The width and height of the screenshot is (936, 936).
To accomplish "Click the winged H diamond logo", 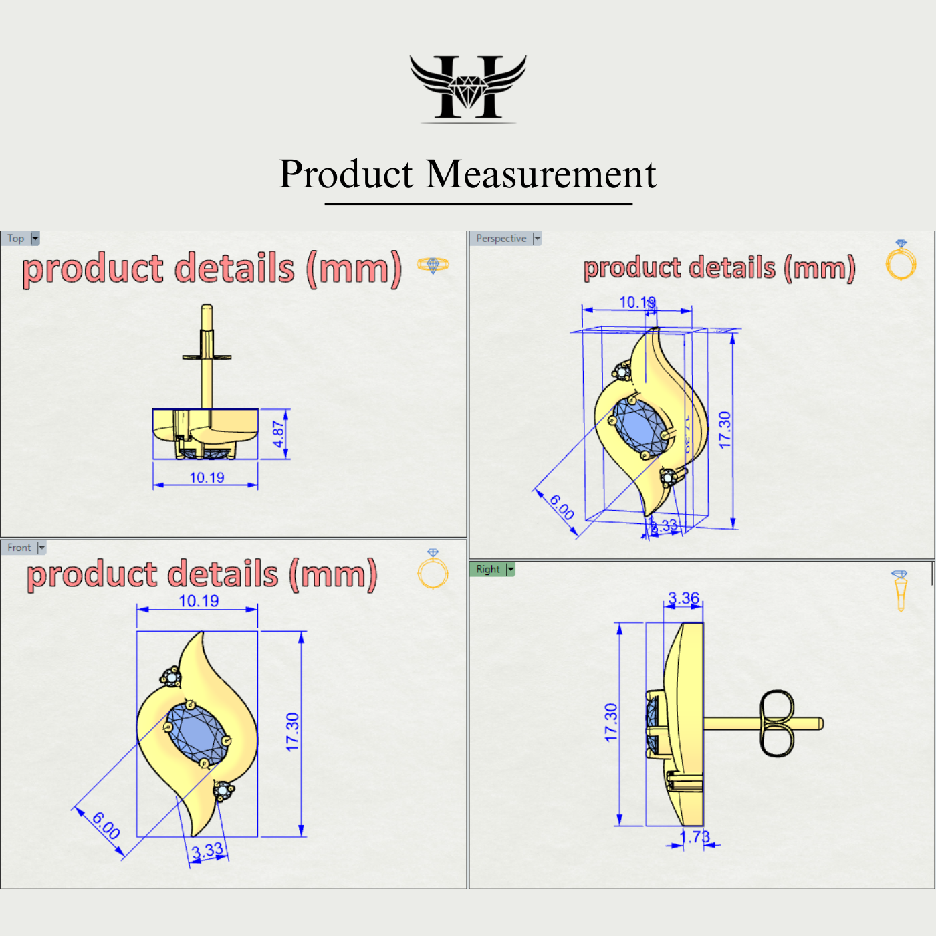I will pyautogui.click(x=468, y=88).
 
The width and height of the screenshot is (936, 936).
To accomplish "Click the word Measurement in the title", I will pyautogui.click(x=541, y=174).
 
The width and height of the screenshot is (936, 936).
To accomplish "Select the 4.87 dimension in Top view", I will pyautogui.click(x=279, y=434).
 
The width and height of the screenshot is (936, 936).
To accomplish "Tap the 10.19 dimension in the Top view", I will pyautogui.click(x=207, y=477).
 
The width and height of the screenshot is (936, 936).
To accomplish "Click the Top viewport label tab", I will pyautogui.click(x=16, y=239).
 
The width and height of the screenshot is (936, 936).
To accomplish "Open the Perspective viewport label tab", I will pyautogui.click(x=501, y=239).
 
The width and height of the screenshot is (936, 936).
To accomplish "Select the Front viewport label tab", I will pyautogui.click(x=19, y=548).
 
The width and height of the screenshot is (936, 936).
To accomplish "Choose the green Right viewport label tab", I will pyautogui.click(x=488, y=569).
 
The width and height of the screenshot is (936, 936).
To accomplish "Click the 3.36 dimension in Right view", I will pyautogui.click(x=683, y=598).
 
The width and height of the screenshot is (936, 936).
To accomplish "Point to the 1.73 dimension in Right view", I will pyautogui.click(x=694, y=837).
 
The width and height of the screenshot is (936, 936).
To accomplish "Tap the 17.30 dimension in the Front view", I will pyautogui.click(x=292, y=732).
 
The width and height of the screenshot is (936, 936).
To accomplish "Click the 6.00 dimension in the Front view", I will pyautogui.click(x=106, y=826).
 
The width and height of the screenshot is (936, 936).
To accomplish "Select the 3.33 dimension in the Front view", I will pyautogui.click(x=207, y=851).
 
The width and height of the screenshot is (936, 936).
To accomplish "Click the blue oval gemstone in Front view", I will pyautogui.click(x=197, y=732).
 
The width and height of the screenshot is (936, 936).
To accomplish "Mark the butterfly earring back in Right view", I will pyautogui.click(x=777, y=723).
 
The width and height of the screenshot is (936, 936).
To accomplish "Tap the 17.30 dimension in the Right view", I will pyautogui.click(x=610, y=723).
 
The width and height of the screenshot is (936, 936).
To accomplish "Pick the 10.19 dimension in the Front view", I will pyautogui.click(x=199, y=600).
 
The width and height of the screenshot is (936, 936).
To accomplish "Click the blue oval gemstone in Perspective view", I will pyautogui.click(x=640, y=425).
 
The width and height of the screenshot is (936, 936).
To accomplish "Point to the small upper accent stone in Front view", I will pyautogui.click(x=172, y=677).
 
